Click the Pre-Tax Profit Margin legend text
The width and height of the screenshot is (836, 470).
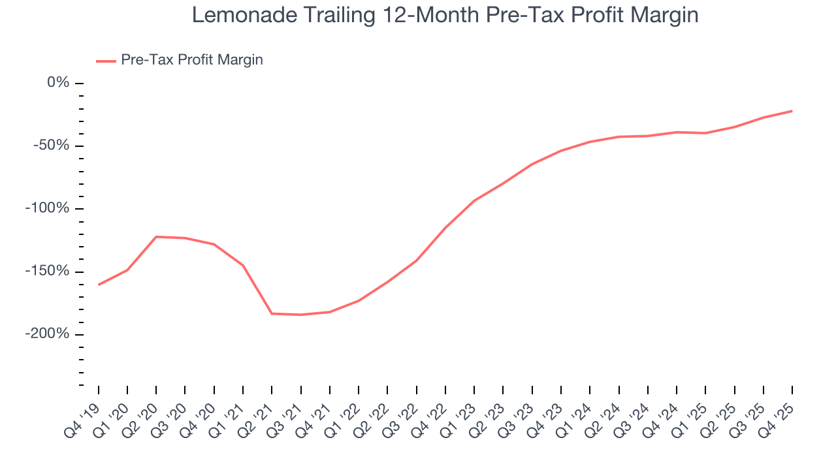191,60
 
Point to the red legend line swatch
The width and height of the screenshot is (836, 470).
106,61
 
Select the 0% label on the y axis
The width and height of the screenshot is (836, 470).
58,83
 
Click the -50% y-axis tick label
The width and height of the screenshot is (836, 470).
52,146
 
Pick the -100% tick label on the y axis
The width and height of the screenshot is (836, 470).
48,208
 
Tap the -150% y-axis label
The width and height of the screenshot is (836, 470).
48,272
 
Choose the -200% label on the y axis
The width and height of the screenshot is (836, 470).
48,334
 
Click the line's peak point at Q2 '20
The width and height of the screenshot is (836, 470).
156,236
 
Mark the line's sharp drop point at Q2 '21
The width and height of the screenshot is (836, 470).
272,313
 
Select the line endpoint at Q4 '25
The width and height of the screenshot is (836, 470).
792,111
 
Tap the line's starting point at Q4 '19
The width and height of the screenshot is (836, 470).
99,285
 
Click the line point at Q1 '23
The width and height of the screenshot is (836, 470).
474,200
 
